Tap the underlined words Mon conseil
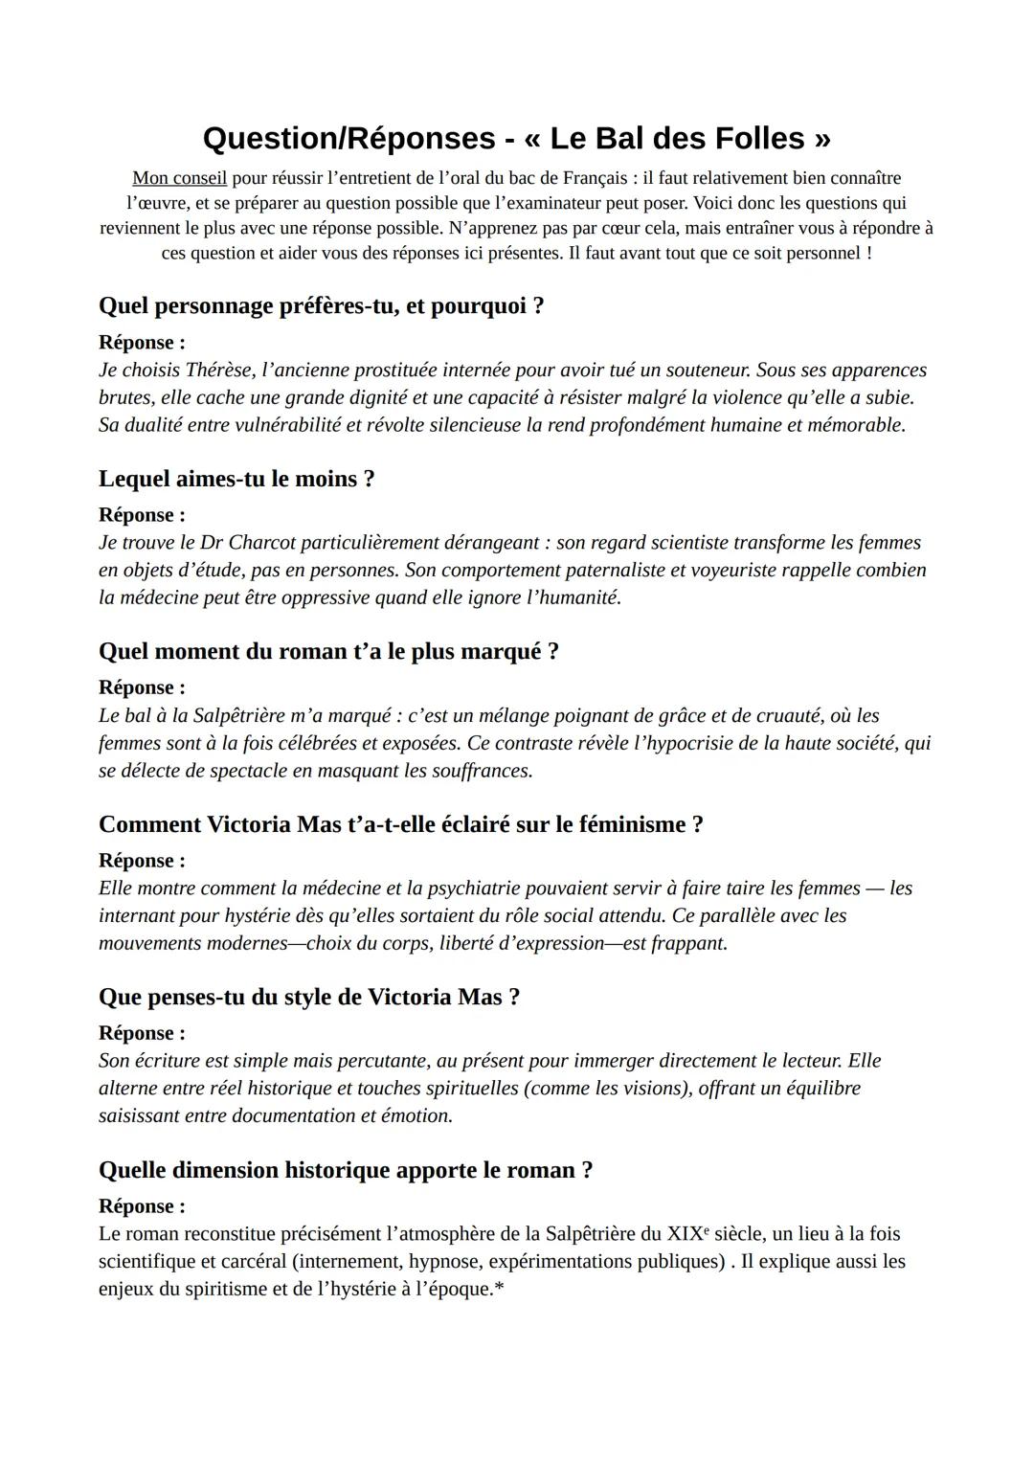(179, 178)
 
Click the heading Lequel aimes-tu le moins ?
(236, 479)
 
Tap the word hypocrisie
(696, 743)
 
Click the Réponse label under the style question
(142, 1033)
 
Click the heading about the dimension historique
(346, 1170)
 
